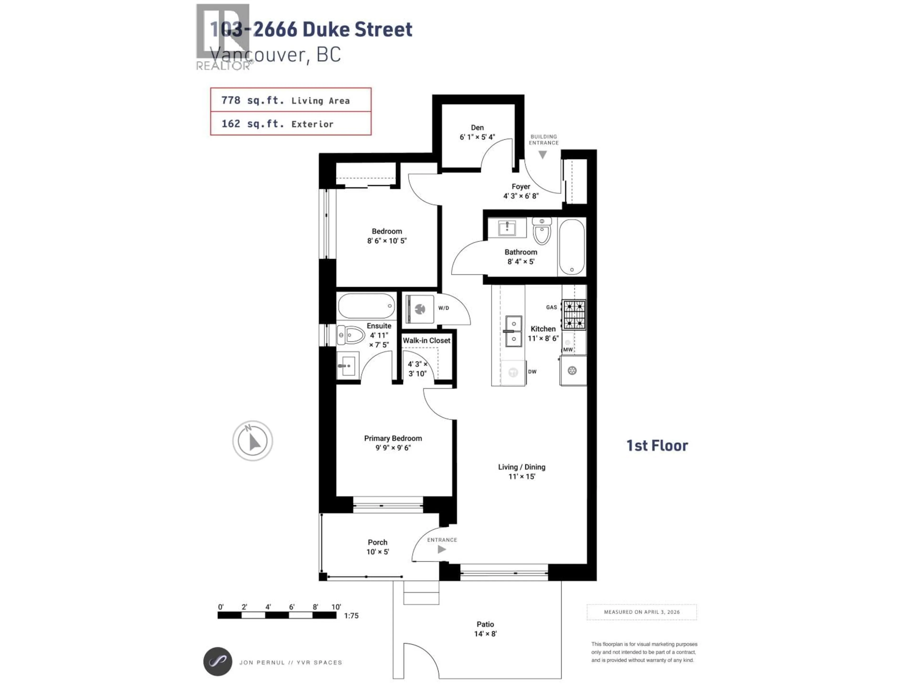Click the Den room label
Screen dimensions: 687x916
pos(477,128)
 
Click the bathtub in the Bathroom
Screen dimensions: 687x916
pos(572,247)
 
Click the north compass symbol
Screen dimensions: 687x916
pos(252,441)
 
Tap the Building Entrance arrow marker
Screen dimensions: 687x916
pos(542,155)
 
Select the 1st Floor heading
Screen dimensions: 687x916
pos(657,446)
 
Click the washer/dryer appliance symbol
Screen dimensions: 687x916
pos(420,308)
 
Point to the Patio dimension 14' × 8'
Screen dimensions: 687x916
pos(485,634)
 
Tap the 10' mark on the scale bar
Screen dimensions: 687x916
pos(336,607)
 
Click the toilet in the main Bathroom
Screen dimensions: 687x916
pos(542,232)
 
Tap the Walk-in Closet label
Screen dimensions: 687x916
pos(427,340)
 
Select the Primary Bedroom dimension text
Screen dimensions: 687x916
pos(393,448)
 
